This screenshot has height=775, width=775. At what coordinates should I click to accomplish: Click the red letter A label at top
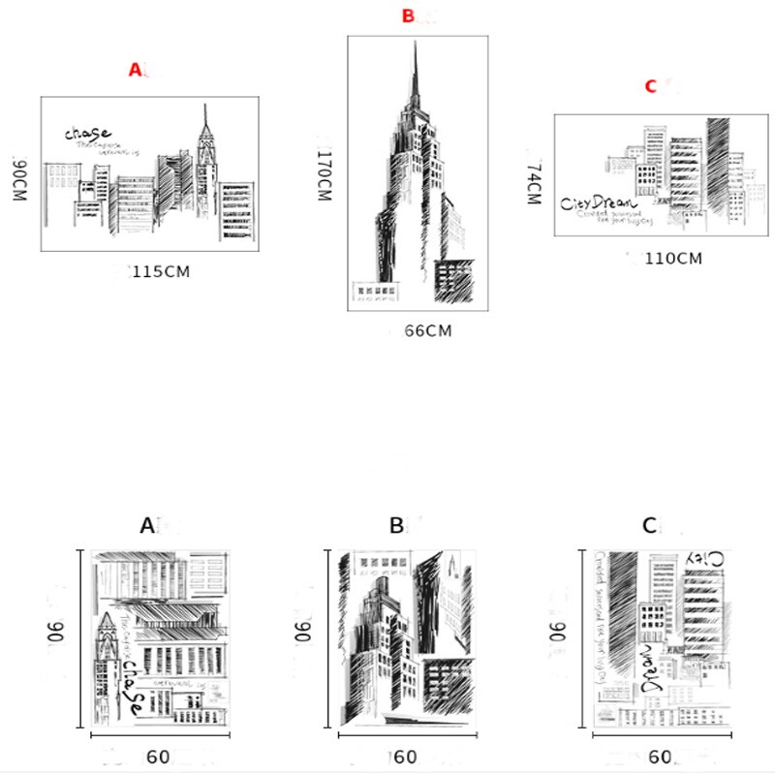(x=136, y=70)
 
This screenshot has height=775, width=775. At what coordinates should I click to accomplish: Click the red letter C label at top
(x=652, y=86)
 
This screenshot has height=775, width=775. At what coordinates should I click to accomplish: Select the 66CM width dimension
(x=427, y=331)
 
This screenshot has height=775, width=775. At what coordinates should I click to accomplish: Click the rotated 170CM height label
(x=324, y=174)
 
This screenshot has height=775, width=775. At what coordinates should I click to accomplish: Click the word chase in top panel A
(x=88, y=133)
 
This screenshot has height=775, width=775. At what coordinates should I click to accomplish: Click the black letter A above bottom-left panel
(x=147, y=526)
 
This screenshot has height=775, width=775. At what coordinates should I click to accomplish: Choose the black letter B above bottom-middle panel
(x=396, y=526)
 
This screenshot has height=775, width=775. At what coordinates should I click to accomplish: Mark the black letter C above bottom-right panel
(x=649, y=526)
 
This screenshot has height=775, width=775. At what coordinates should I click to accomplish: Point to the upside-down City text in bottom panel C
(x=705, y=559)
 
